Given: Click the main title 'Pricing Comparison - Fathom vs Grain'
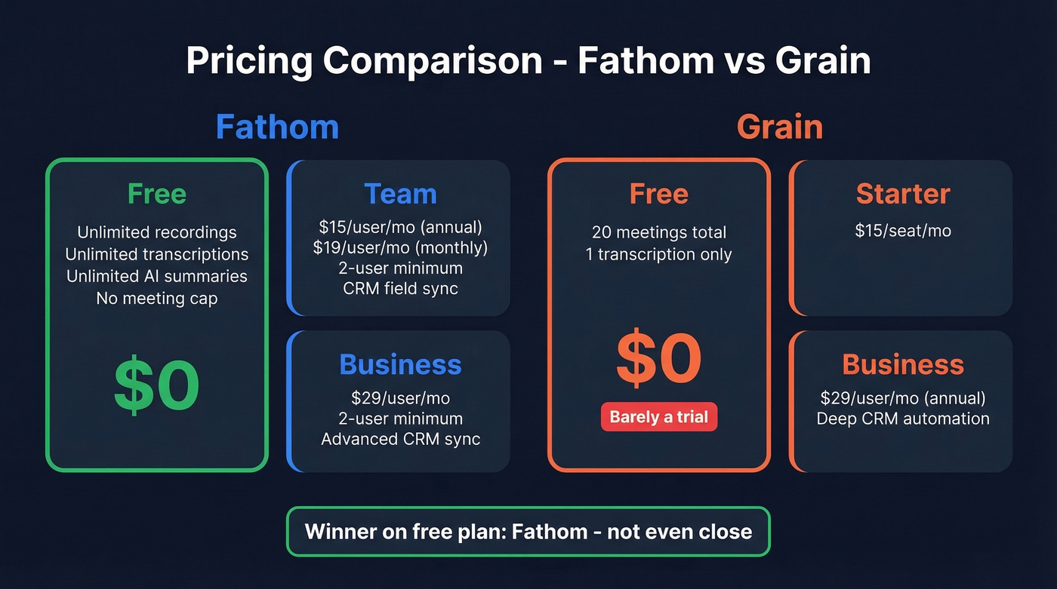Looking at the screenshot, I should [528, 61].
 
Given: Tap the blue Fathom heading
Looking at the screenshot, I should [277, 127].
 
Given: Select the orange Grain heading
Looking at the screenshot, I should [779, 127].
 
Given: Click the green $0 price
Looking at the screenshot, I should [157, 385].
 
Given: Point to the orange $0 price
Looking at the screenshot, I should [658, 359].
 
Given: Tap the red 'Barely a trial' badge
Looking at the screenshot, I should [658, 417].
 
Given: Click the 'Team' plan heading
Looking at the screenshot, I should [400, 194].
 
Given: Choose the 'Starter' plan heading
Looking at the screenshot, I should [903, 194].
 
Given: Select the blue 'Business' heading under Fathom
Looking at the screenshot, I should [400, 364].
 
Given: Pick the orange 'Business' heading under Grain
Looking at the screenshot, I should [903, 364].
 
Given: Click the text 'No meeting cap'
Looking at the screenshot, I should [157, 298].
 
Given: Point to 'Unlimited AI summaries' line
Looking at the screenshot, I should [157, 276].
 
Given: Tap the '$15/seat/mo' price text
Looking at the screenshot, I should [903, 231].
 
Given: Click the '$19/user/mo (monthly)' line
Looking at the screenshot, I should [400, 247].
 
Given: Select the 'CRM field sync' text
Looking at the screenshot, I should [400, 288].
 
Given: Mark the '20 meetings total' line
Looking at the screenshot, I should [658, 232].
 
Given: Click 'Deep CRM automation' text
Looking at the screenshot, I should [903, 419].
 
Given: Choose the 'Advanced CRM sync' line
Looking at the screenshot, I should [400, 439].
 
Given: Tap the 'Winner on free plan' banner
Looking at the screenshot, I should [528, 532].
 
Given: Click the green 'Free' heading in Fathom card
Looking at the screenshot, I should [157, 194].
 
